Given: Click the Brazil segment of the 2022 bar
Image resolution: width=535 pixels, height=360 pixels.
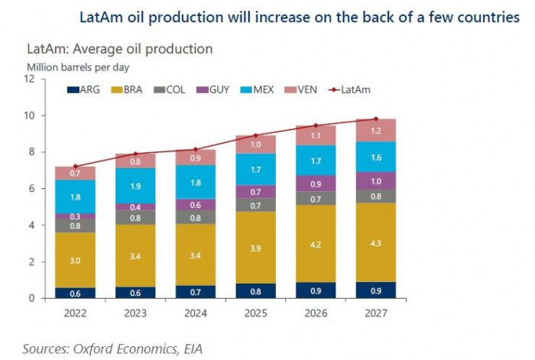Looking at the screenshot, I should pyautogui.click(x=75, y=260).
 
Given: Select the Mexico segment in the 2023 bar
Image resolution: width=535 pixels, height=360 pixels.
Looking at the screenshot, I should pyautogui.click(x=135, y=186).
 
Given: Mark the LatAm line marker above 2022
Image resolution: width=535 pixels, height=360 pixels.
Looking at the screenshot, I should pyautogui.click(x=75, y=166).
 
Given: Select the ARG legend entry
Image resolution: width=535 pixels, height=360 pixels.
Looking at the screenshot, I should pyautogui.click(x=84, y=90).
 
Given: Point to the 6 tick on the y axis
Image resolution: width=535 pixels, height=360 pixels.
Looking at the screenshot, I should pyautogui.click(x=31, y=189).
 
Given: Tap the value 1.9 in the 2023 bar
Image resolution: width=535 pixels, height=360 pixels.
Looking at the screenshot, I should pyautogui.click(x=135, y=186).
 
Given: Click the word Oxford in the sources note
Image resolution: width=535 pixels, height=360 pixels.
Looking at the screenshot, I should pyautogui.click(x=98, y=349).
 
